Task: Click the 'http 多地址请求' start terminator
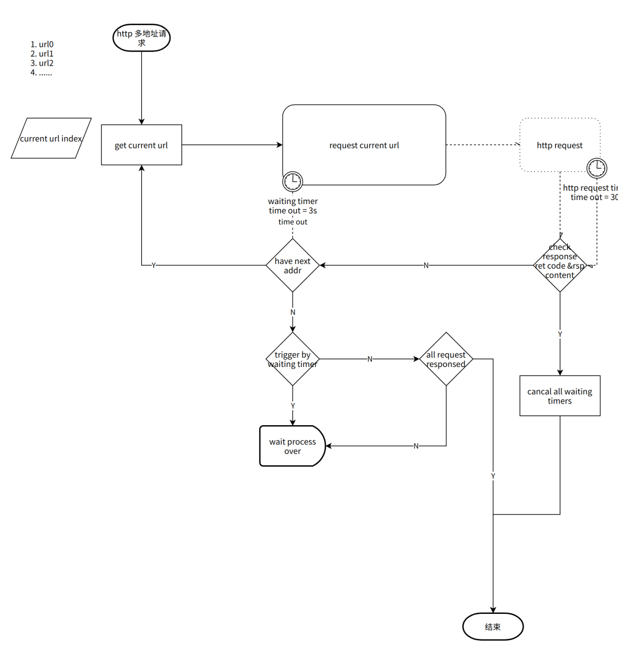click(141, 38)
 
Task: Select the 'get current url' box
click(141, 145)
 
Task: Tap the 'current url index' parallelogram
click(51, 138)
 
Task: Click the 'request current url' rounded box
click(364, 145)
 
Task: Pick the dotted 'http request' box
click(560, 145)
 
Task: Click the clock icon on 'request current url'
click(292, 181)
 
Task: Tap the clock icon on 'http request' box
click(597, 167)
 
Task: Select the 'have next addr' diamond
click(292, 265)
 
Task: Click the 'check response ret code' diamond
click(560, 265)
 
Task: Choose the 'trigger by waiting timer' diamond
click(292, 359)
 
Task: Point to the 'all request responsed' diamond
click(446, 359)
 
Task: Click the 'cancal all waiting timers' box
click(560, 396)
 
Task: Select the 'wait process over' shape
click(292, 446)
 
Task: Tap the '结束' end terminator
click(493, 626)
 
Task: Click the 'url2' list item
click(42, 63)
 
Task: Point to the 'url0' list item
click(42, 44)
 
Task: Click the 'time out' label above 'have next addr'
click(292, 222)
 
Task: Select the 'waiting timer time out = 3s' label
click(292, 206)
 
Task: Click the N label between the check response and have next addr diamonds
click(426, 265)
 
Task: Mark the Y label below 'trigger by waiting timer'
click(292, 406)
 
